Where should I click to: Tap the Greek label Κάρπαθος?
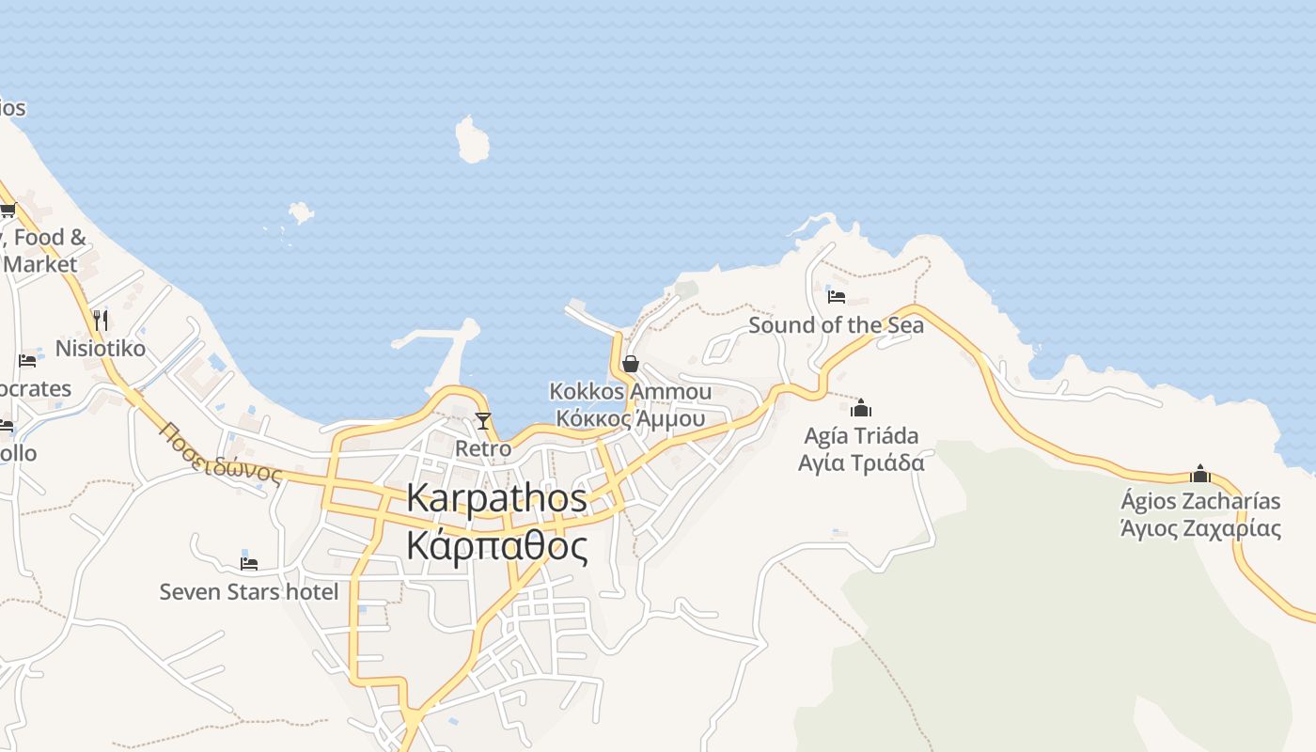(x=497, y=545)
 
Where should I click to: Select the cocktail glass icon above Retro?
(x=483, y=420)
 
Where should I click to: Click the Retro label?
(x=483, y=448)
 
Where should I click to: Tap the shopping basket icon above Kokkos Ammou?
(x=631, y=363)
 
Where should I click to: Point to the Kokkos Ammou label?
(x=630, y=391)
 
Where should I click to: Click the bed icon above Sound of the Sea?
(x=837, y=297)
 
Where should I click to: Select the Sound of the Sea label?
(x=836, y=325)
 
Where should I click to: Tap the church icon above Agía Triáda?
(x=861, y=408)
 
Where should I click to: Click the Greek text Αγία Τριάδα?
(x=861, y=462)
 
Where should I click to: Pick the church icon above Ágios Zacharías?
(x=1200, y=473)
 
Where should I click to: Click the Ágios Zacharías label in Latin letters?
(x=1200, y=500)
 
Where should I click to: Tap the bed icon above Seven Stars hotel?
(x=249, y=563)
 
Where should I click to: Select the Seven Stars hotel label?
(x=249, y=591)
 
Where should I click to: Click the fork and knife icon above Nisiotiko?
(x=101, y=321)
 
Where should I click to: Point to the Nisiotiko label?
(x=101, y=349)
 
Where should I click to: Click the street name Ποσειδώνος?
(x=222, y=452)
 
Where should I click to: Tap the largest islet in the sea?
(x=472, y=140)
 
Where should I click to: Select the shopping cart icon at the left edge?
(x=8, y=210)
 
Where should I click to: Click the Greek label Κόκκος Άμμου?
(x=630, y=418)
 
